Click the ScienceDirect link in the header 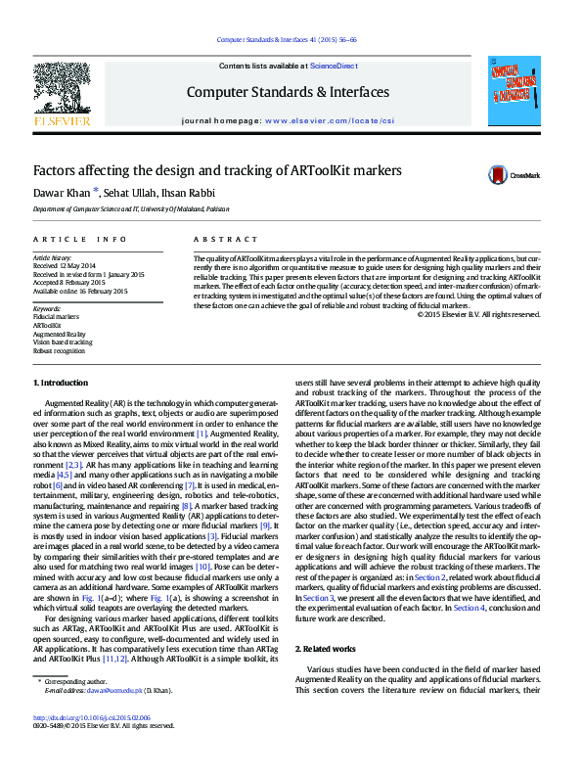[333, 66]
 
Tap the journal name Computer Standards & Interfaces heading [288, 92]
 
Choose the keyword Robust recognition [58, 350]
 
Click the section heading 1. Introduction [61, 383]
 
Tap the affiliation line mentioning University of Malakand [132, 209]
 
